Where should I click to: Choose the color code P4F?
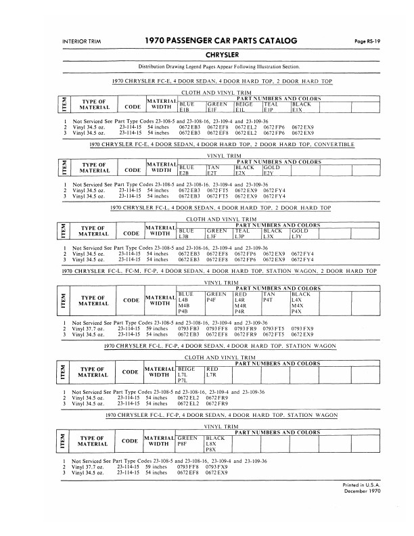pyautogui.click(x=212, y=300)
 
